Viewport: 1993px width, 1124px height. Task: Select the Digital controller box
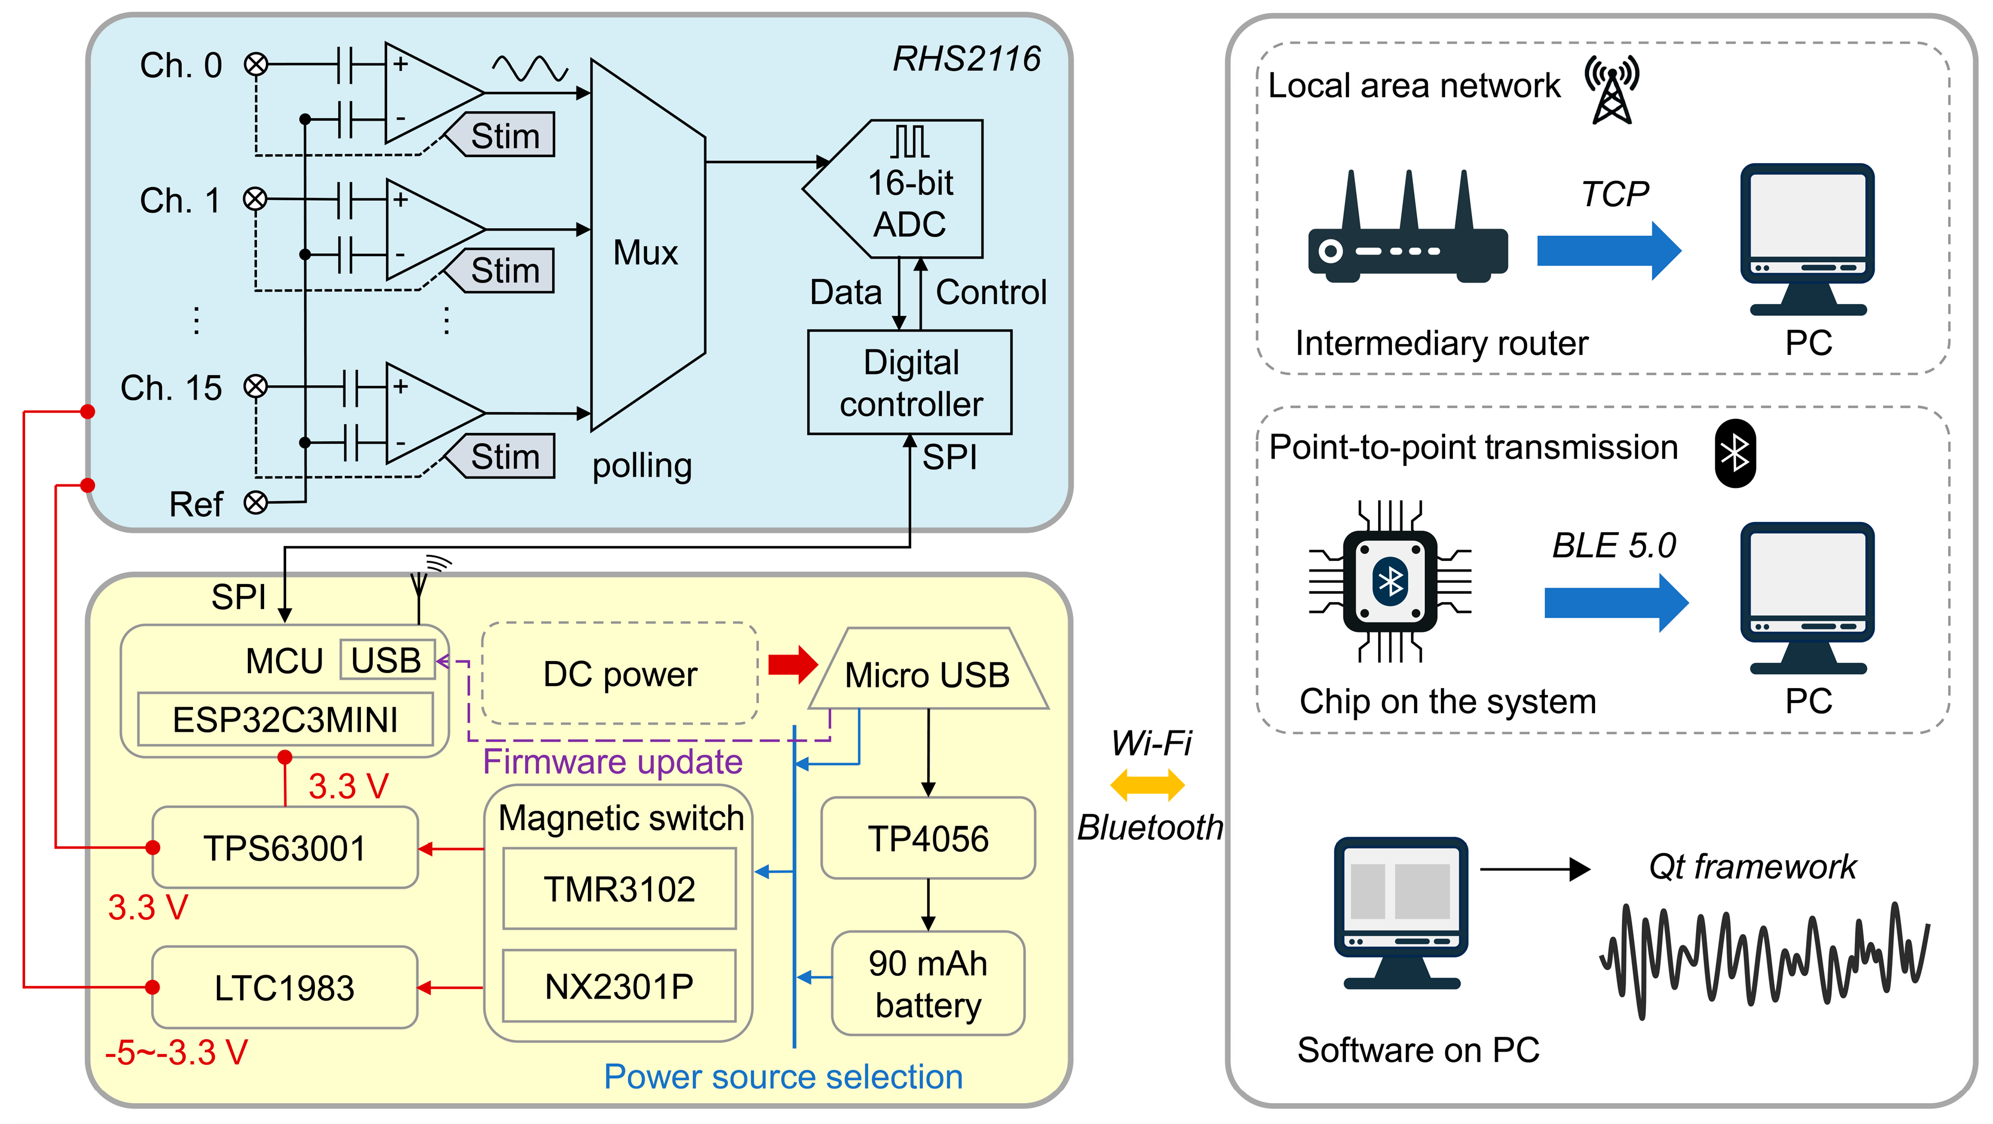[x=910, y=383]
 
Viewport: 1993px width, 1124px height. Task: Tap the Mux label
[x=645, y=253]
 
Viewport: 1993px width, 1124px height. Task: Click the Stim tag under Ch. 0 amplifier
[x=504, y=136]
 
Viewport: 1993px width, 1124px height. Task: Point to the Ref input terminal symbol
[x=255, y=503]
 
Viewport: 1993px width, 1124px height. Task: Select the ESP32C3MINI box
[x=285, y=720]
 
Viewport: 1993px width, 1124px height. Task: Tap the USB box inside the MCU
[x=386, y=660]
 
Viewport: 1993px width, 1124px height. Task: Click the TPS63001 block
[x=285, y=848]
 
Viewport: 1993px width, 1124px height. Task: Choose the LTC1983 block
[x=285, y=988]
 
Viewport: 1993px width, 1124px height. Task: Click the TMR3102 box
[x=619, y=889]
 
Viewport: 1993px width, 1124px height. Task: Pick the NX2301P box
[x=619, y=986]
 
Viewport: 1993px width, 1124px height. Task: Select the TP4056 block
[x=928, y=839]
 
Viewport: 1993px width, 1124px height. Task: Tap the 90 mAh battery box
[x=928, y=983]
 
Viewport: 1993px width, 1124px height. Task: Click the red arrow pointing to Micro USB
[x=792, y=664]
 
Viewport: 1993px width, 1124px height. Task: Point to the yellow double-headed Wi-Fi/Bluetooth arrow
[x=1146, y=785]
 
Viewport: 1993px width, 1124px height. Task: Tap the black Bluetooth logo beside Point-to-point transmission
[x=1734, y=453]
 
